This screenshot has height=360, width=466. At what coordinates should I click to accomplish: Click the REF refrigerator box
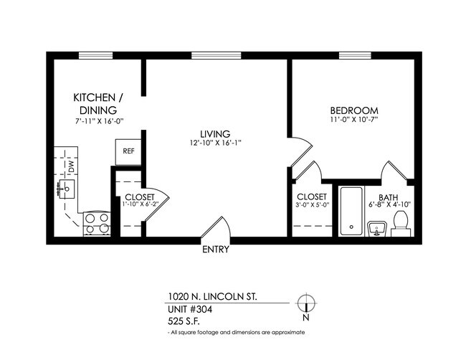point(128,151)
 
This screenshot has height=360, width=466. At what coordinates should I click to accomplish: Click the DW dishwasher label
point(71,166)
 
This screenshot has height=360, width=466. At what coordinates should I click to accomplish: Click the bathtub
point(351,211)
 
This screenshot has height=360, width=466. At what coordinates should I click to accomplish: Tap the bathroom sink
point(376,229)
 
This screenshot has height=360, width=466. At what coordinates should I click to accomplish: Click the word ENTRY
point(216,250)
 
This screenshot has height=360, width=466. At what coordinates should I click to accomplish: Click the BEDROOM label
point(353,110)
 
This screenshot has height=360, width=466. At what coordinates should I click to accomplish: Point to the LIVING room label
point(214,133)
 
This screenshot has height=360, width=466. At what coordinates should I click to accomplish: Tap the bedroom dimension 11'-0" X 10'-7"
point(353,120)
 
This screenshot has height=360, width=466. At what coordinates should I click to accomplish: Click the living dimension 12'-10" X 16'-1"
point(214,143)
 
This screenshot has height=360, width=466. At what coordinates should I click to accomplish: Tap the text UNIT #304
point(190,310)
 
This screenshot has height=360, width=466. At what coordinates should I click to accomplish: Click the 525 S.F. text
point(182,321)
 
